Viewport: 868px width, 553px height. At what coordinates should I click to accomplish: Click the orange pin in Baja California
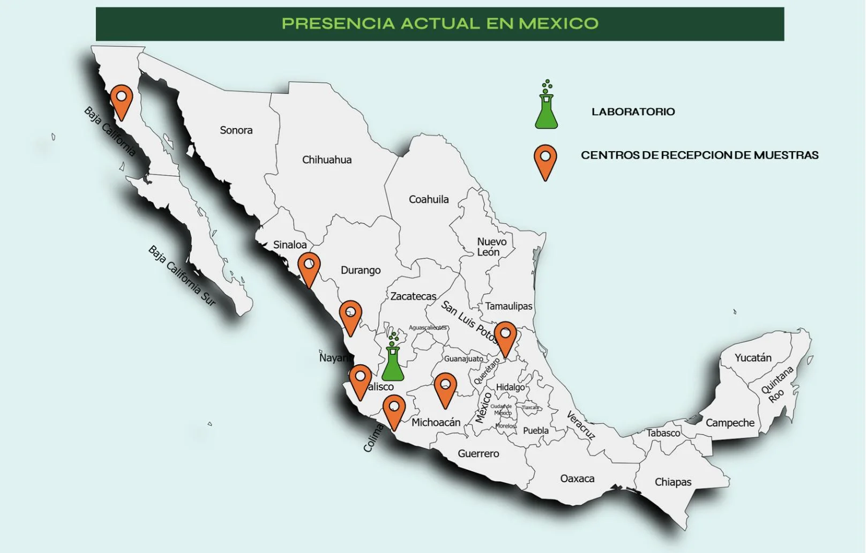pos(122,99)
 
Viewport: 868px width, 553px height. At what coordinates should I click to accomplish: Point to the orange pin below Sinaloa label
pos(309,266)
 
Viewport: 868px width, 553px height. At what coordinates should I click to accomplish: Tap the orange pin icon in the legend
pos(545,159)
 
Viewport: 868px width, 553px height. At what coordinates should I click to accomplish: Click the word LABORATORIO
pos(633,112)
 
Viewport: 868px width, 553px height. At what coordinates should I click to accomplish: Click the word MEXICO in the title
pos(558,24)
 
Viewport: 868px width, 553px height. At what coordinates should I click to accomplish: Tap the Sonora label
pos(236,130)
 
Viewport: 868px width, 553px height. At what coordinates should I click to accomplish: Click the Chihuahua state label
pos(327,160)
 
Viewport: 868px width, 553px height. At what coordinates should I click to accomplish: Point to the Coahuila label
pos(429,199)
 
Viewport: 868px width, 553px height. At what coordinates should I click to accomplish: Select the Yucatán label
pos(753,358)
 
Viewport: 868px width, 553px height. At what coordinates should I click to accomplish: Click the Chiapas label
pos(673,482)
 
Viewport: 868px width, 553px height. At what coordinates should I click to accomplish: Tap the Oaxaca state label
pos(577,479)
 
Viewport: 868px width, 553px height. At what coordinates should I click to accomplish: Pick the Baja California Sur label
pos(182,276)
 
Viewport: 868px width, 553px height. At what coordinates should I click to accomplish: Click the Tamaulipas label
pos(508,306)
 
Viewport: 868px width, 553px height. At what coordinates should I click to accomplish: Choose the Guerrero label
pos(478,454)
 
